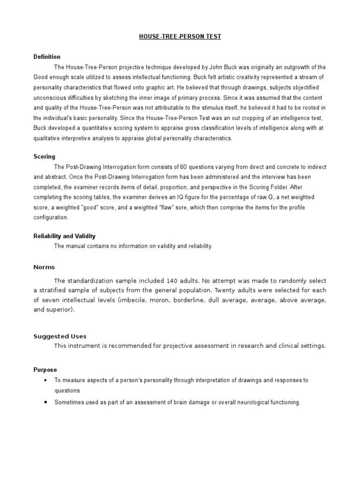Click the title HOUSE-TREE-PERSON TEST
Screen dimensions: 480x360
pyautogui.click(x=180, y=37)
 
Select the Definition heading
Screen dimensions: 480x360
pyautogui.click(x=47, y=57)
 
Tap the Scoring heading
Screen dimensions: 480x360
pyautogui.click(x=44, y=157)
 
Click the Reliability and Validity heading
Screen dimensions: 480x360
pyautogui.click(x=64, y=236)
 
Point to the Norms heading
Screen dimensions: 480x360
pyautogui.click(x=44, y=267)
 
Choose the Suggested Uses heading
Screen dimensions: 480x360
pyautogui.click(x=60, y=336)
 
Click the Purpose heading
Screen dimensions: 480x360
pyautogui.click(x=45, y=370)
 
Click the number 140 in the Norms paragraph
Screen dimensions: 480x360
pyautogui.click(x=172, y=281)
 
